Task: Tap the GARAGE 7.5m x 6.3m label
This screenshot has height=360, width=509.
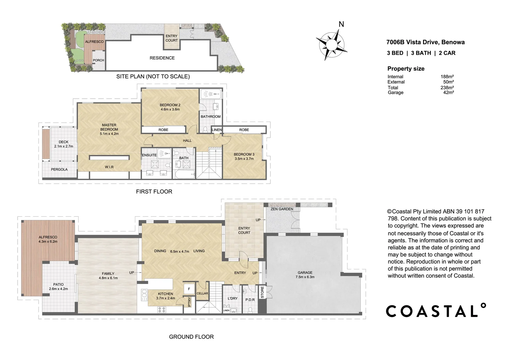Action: (x=305, y=275)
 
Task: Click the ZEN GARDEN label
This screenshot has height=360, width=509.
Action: (x=282, y=209)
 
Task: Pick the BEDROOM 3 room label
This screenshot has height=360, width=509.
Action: (x=244, y=156)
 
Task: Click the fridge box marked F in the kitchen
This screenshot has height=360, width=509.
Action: (x=189, y=289)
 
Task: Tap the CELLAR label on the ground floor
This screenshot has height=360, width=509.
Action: (x=202, y=293)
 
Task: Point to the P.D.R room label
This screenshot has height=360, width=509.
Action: (x=250, y=300)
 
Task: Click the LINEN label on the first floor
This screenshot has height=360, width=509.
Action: (x=217, y=130)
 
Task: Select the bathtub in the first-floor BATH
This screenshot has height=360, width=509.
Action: (x=184, y=174)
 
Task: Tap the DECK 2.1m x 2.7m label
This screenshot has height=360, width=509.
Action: (x=63, y=144)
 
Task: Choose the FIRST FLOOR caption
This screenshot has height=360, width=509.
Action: (x=154, y=192)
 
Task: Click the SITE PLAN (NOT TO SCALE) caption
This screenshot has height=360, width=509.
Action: (x=153, y=77)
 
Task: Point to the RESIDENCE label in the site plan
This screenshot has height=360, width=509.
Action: (x=162, y=58)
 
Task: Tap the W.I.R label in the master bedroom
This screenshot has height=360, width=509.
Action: (x=109, y=167)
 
